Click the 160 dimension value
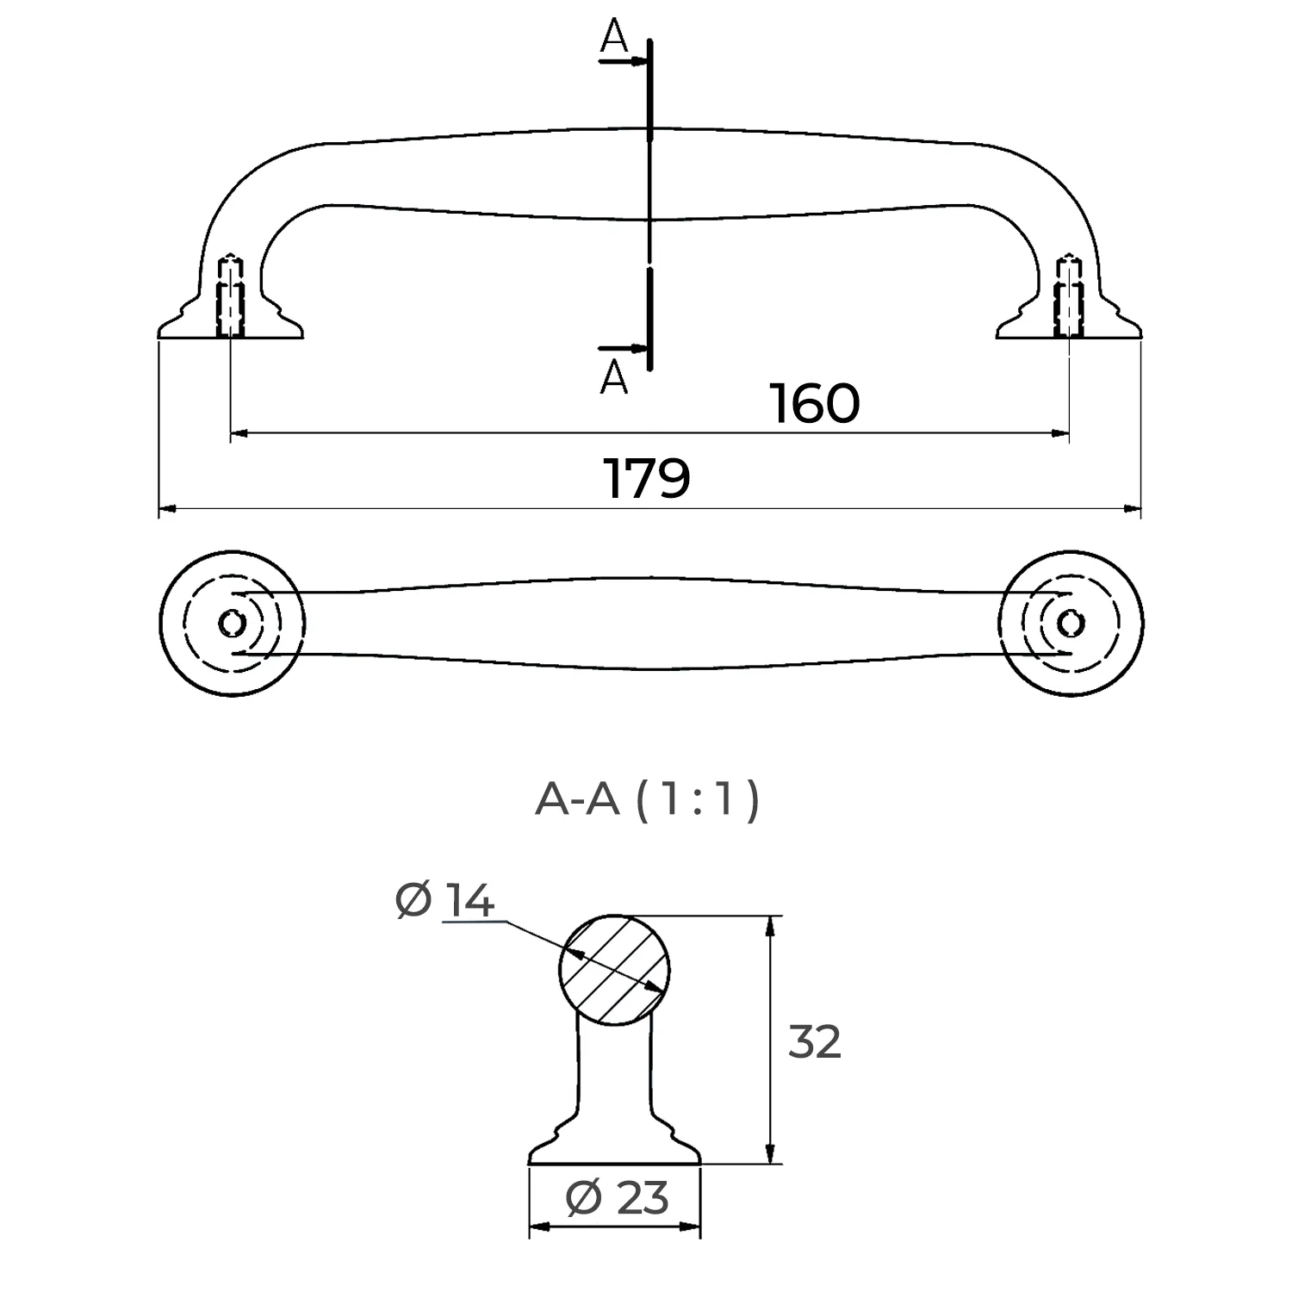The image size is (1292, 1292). click(814, 404)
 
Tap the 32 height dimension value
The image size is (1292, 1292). click(814, 1042)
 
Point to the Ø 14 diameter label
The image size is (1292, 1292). click(445, 901)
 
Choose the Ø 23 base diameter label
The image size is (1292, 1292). click(618, 1197)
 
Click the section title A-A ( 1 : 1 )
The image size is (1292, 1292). click(648, 799)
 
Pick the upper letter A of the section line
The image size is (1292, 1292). click(613, 36)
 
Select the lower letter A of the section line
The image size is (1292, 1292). click(613, 377)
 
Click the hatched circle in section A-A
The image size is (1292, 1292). click(614, 969)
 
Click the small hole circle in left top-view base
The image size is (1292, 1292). click(231, 622)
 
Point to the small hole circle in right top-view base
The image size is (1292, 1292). click(1070, 622)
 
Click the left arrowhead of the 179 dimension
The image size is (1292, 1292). click(167, 509)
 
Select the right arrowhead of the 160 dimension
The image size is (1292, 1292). click(1062, 434)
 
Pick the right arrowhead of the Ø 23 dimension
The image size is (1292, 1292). click(693, 1227)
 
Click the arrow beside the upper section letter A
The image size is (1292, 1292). click(638, 62)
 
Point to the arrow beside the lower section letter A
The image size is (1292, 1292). click(638, 349)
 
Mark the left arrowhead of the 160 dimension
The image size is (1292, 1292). click(239, 434)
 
